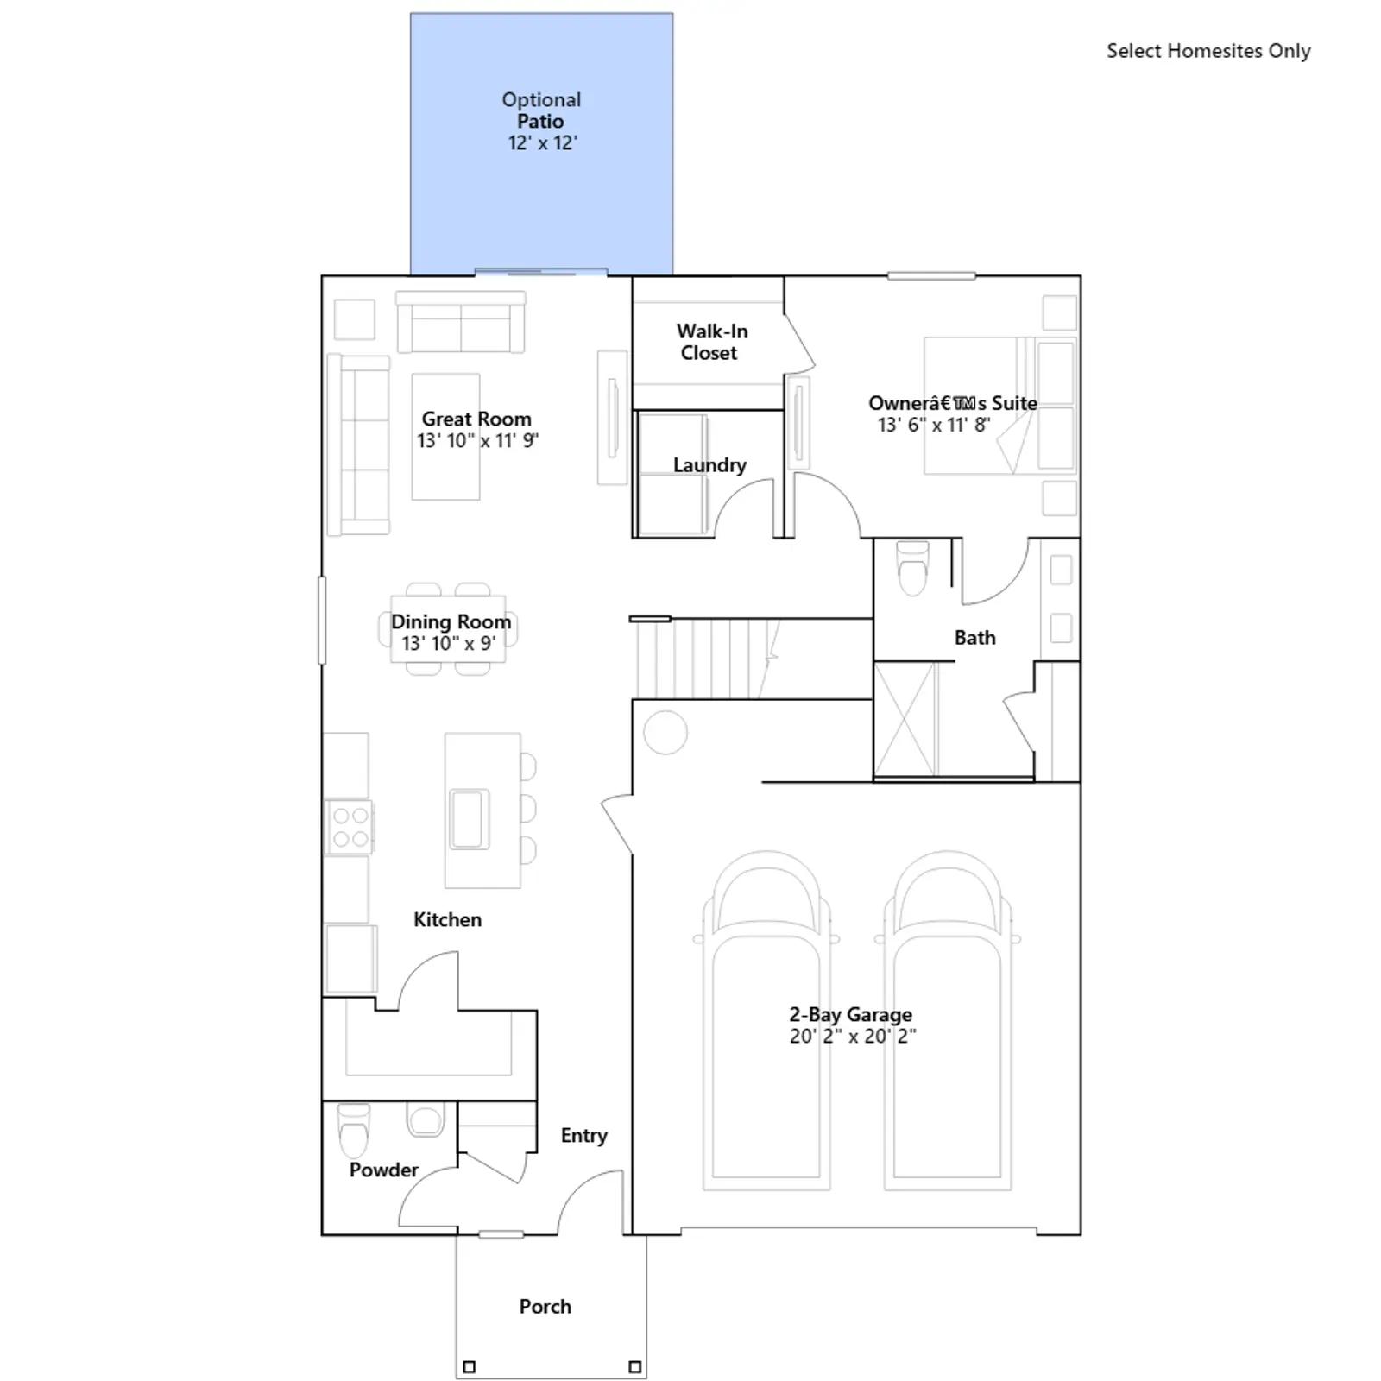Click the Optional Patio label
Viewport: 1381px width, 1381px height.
[x=541, y=110]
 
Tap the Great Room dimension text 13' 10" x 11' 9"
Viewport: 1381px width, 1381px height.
[x=478, y=440]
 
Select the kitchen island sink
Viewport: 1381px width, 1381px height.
[x=470, y=818]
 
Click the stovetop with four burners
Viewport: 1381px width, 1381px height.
[x=350, y=826]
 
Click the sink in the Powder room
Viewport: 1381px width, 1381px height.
[x=425, y=1120]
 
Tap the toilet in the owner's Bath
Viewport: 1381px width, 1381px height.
[x=913, y=568]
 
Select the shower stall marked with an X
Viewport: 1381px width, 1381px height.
[x=905, y=719]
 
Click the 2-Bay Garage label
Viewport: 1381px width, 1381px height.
[x=851, y=1014]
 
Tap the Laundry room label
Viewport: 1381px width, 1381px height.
[x=709, y=465]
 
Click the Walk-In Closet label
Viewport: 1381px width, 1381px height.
[x=711, y=342]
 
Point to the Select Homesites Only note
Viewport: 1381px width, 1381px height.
[x=1208, y=51]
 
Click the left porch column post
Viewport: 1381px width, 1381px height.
[x=470, y=1366]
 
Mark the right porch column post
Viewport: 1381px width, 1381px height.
[x=634, y=1366]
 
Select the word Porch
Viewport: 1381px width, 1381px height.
[x=545, y=1306]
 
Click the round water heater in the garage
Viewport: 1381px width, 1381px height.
[x=665, y=732]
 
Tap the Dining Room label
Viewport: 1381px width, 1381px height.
[x=451, y=621]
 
